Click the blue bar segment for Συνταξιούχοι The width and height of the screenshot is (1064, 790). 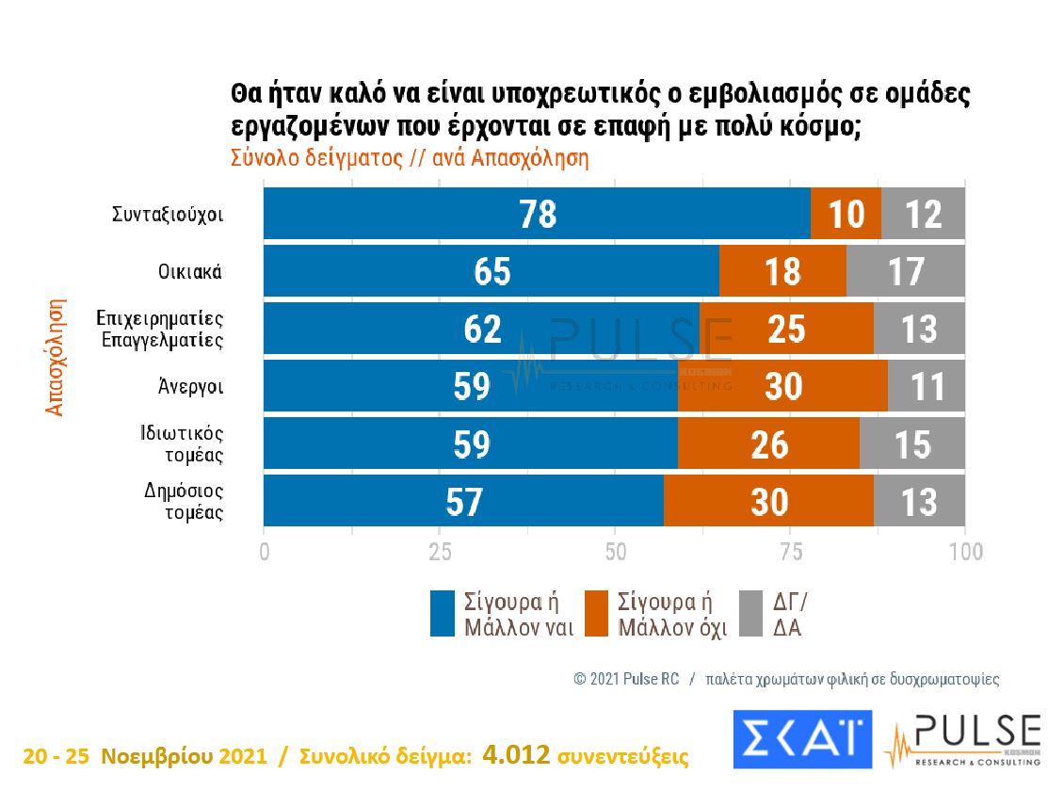click(x=537, y=214)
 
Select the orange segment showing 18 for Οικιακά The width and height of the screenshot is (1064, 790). click(x=782, y=271)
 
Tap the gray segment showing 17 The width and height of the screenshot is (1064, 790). click(x=905, y=271)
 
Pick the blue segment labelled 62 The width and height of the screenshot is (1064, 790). click(x=481, y=329)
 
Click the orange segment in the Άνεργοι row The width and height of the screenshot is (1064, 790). click(x=782, y=386)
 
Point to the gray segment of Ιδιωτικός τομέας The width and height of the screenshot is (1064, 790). click(x=911, y=443)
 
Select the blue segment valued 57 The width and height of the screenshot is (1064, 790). click(x=463, y=501)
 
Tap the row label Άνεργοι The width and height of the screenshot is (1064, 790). click(x=192, y=386)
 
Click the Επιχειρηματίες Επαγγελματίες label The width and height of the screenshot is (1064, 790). click(x=161, y=329)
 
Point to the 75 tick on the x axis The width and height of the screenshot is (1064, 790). click(x=790, y=551)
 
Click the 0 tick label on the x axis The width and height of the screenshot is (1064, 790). click(x=264, y=551)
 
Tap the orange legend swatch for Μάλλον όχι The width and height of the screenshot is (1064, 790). click(x=597, y=613)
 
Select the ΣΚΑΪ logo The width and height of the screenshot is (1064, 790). click(x=802, y=739)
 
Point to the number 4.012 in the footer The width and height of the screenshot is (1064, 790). click(x=515, y=754)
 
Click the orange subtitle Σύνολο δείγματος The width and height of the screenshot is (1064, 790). click(x=311, y=158)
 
